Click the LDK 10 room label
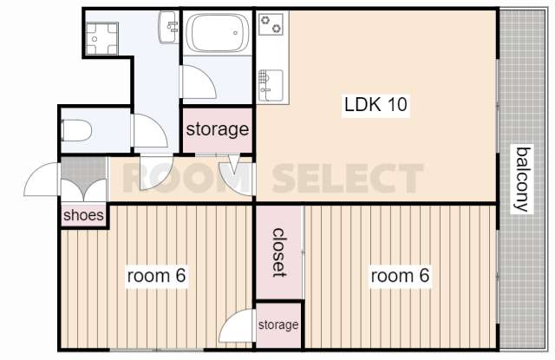(375, 105)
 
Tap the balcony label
(522, 179)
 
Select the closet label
(278, 252)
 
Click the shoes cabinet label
(83, 215)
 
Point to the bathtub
(218, 33)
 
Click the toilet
(76, 131)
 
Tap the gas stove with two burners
(271, 24)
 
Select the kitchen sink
(271, 85)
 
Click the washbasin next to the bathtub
(169, 27)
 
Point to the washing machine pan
(101, 38)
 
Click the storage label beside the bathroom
(218, 129)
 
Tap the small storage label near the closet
(278, 324)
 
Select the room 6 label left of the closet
(156, 275)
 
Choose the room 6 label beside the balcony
(400, 275)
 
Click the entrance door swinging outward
(41, 179)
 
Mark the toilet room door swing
(149, 131)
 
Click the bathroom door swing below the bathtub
(198, 82)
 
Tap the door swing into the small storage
(237, 326)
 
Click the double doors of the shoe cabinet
(83, 191)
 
